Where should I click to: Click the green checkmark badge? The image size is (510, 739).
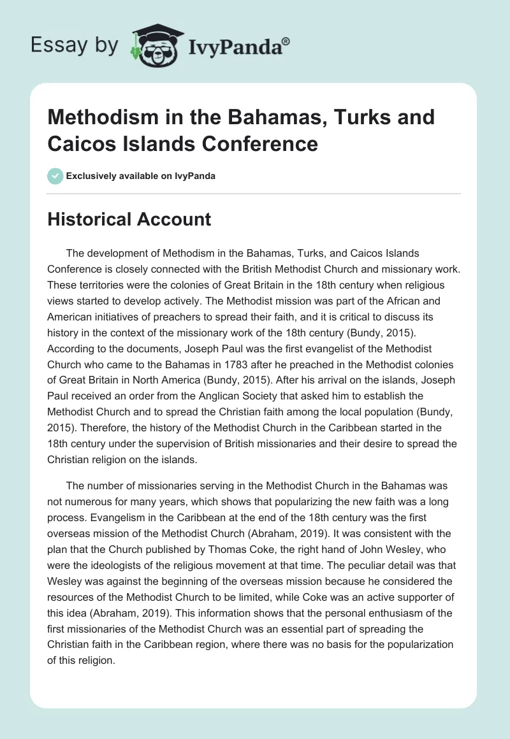point(55,175)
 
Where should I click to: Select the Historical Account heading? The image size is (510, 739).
point(129,219)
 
